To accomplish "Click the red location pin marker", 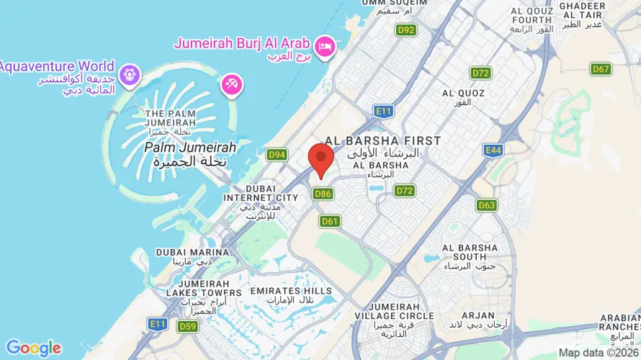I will pyautogui.click(x=320, y=158).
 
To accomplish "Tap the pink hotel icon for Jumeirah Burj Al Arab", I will pyautogui.click(x=326, y=45).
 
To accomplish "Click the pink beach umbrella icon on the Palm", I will pyautogui.click(x=232, y=85).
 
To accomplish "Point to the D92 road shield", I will pyautogui.click(x=406, y=30).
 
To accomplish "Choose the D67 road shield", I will pyautogui.click(x=601, y=69).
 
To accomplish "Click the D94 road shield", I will pyautogui.click(x=277, y=154).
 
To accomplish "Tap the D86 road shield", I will pyautogui.click(x=323, y=193).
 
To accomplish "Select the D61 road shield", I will pyautogui.click(x=330, y=221).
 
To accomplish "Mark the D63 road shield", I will pyautogui.click(x=487, y=205).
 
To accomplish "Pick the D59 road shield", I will pyautogui.click(x=187, y=326).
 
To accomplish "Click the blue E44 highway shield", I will pyautogui.click(x=493, y=150).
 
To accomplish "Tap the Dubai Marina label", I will pyautogui.click(x=182, y=257).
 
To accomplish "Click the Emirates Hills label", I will pyautogui.click(x=290, y=294).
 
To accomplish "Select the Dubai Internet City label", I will pyautogui.click(x=260, y=197).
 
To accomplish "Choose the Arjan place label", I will pyautogui.click(x=478, y=320).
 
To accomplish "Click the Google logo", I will pyautogui.click(x=34, y=348).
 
